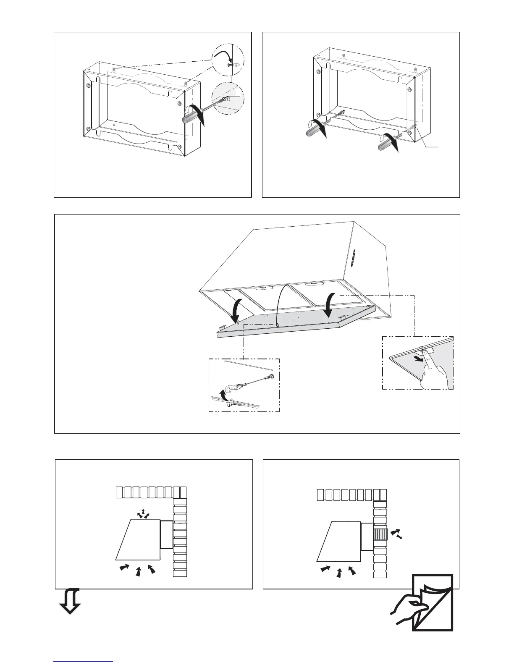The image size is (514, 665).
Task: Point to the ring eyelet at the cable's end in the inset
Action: point(272,376)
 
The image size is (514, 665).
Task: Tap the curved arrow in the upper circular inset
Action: point(222,55)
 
